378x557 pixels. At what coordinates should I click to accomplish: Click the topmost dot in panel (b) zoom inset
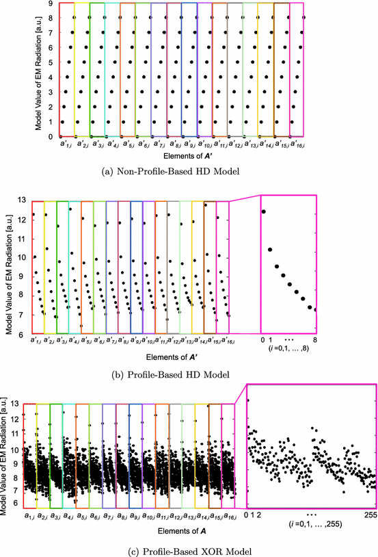pyautogui.click(x=263, y=211)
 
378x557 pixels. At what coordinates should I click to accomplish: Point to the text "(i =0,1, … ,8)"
pyautogui.click(x=289, y=350)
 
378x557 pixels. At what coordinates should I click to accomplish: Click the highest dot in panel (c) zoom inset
pyautogui.click(x=248, y=400)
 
